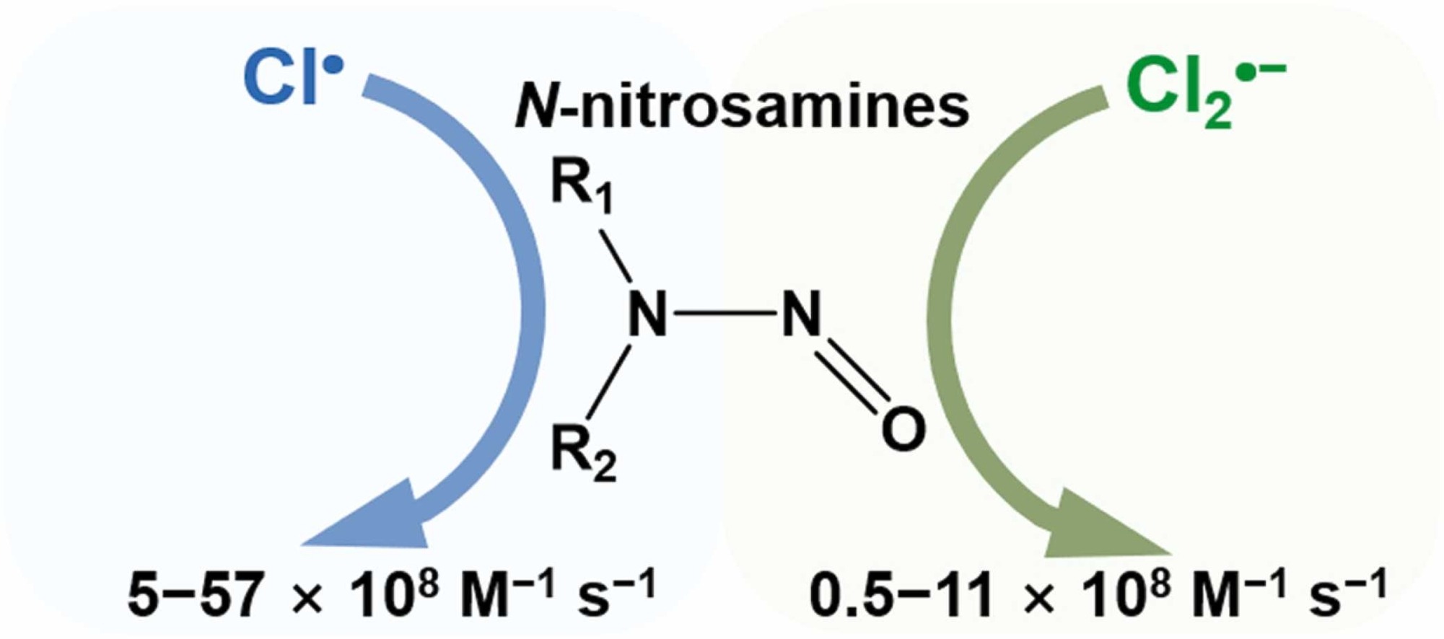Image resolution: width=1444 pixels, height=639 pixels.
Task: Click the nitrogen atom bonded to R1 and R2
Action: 647,314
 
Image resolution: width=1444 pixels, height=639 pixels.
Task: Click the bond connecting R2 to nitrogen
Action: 610,382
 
